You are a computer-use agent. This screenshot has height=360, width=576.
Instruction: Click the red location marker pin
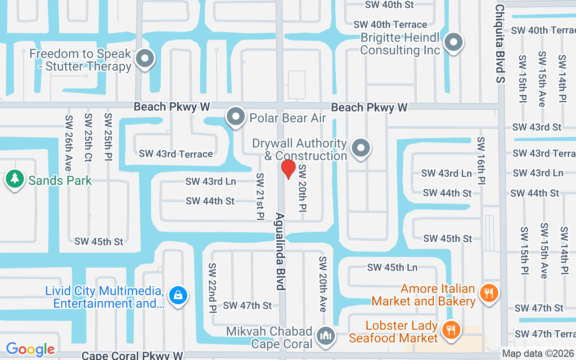click(288, 168)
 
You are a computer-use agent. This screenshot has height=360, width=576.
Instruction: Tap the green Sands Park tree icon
click(15, 179)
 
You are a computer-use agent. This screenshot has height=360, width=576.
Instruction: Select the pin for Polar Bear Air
click(235, 117)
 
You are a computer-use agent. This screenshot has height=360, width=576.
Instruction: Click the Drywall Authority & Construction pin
click(360, 148)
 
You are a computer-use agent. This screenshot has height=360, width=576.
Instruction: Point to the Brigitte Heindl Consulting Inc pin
click(454, 43)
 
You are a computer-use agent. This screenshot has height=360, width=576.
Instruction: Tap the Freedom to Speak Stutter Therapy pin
click(145, 58)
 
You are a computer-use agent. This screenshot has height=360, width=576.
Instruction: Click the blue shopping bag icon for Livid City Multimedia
click(178, 296)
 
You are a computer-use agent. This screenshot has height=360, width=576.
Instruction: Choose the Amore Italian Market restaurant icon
click(488, 293)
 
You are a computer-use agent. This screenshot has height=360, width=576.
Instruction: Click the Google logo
click(30, 349)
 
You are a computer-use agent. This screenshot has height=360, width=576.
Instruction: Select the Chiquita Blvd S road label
click(500, 44)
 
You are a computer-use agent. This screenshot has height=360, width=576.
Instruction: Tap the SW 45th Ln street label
click(392, 267)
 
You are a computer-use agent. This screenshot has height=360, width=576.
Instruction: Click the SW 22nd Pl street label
click(212, 288)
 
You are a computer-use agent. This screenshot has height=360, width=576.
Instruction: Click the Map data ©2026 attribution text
click(538, 354)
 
